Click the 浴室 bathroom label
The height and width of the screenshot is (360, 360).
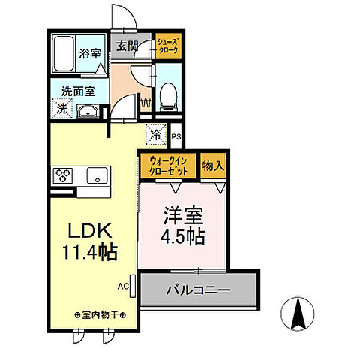click(x=91, y=54)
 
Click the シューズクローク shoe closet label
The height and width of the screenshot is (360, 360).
click(x=167, y=46)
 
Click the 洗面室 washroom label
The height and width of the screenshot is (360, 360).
click(x=79, y=91)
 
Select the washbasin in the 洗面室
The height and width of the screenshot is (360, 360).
click(x=90, y=112)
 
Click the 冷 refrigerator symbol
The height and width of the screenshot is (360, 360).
click(x=155, y=136)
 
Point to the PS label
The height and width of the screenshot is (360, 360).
click(x=176, y=137)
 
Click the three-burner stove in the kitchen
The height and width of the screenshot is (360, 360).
click(x=62, y=177)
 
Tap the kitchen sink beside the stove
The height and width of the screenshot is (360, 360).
click(x=96, y=177)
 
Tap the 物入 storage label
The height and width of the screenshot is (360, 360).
click(x=213, y=165)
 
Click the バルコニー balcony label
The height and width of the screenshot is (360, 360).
click(x=198, y=289)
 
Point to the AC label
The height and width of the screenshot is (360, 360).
click(x=122, y=285)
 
